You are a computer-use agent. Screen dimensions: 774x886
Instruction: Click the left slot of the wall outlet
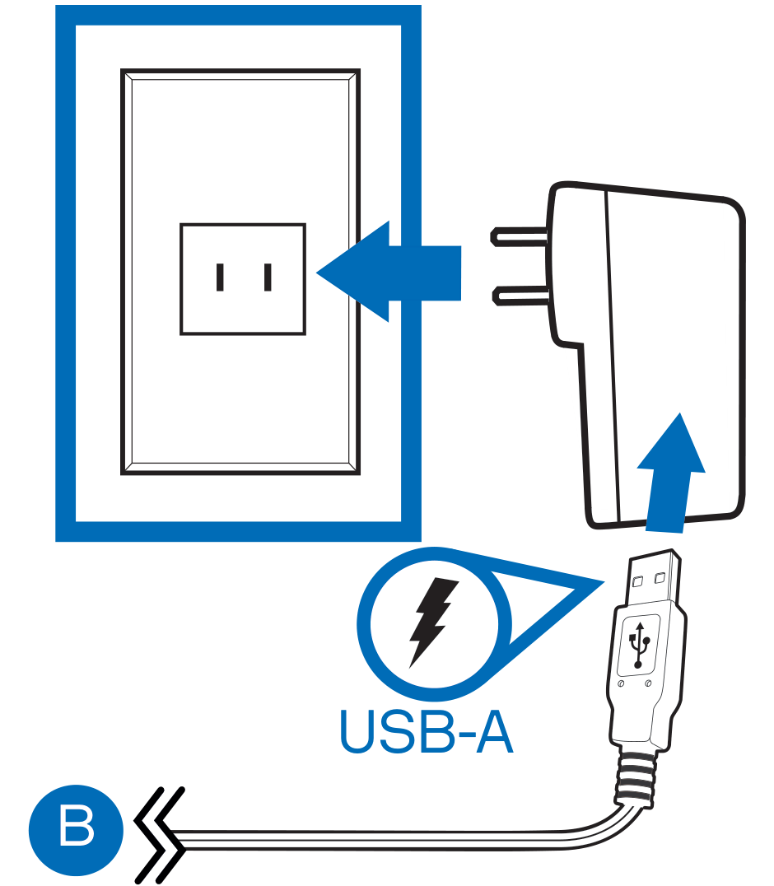(220, 277)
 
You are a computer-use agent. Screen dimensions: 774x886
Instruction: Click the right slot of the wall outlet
(268, 277)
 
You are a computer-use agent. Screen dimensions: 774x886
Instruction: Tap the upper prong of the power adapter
(520, 236)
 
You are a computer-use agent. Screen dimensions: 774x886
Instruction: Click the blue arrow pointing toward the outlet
(389, 272)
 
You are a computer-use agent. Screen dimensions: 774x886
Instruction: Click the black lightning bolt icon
(433, 622)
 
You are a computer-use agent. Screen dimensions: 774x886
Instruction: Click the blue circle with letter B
(76, 829)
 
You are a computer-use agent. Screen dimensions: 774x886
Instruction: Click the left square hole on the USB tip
(638, 581)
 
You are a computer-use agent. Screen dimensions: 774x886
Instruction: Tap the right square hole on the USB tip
(660, 577)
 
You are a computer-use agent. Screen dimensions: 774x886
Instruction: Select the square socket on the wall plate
(243, 279)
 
